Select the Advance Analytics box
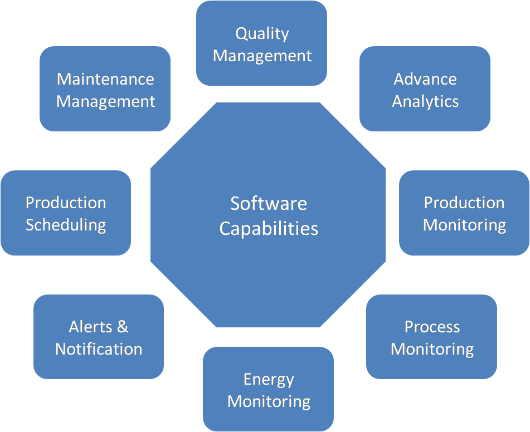pyautogui.click(x=425, y=89)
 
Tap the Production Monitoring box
pyautogui.click(x=464, y=213)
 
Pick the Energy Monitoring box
pyautogui.click(x=268, y=390)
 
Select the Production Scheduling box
pyautogui.click(x=66, y=213)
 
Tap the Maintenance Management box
pyautogui.click(x=105, y=89)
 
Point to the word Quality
pyautogui.click(x=262, y=33)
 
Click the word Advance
pyautogui.click(x=425, y=78)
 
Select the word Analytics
pyautogui.click(x=425, y=101)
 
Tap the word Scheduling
pyautogui.click(x=66, y=225)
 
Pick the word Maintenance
pyautogui.click(x=105, y=78)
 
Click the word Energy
pyautogui.click(x=268, y=380)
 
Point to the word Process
pyautogui.click(x=432, y=327)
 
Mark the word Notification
pyautogui.click(x=99, y=349)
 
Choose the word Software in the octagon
pyautogui.click(x=268, y=203)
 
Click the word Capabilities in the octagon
pyautogui.click(x=268, y=228)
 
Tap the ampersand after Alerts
pyautogui.click(x=122, y=327)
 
